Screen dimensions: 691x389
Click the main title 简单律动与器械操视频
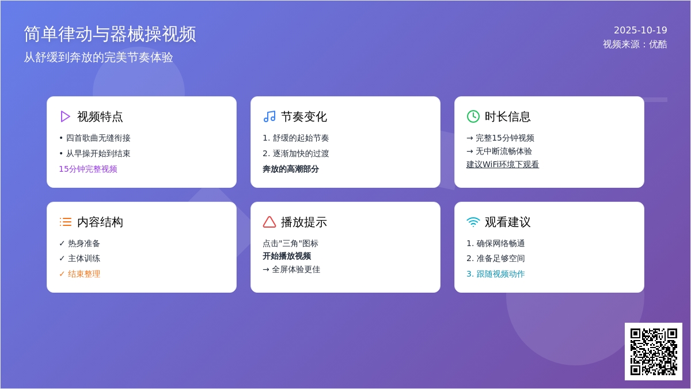[x=110, y=34]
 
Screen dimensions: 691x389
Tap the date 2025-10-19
[x=640, y=30]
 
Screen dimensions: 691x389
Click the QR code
[x=654, y=352]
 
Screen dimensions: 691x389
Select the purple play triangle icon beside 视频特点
[x=65, y=116]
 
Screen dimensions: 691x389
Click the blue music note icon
[x=269, y=116]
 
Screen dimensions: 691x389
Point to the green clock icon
[x=473, y=116]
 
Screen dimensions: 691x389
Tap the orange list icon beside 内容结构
[x=66, y=222]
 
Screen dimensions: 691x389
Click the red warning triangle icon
[x=269, y=222]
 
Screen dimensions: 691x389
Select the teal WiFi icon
[x=473, y=222]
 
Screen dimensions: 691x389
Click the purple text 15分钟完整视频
[x=88, y=169]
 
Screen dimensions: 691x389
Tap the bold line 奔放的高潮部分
[x=291, y=169]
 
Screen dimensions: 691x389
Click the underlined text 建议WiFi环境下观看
[x=503, y=165]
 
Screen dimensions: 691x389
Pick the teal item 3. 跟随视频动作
[x=495, y=274]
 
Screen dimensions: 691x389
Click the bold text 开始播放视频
[x=287, y=256]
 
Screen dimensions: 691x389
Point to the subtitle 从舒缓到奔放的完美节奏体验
[x=98, y=58]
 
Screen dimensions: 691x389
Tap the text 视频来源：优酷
[x=635, y=44]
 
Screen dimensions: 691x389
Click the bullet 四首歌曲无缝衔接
[x=95, y=138]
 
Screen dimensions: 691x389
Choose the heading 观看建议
[x=507, y=222]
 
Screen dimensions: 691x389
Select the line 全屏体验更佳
[x=291, y=270]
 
